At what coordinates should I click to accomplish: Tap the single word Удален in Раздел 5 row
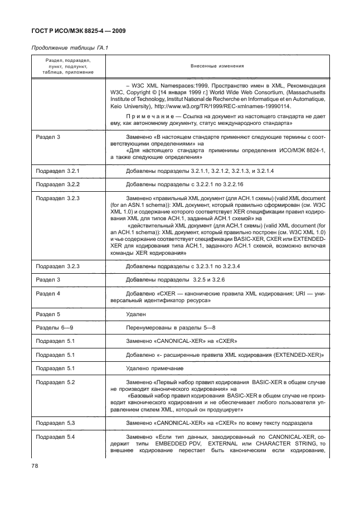click(x=137, y=314)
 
